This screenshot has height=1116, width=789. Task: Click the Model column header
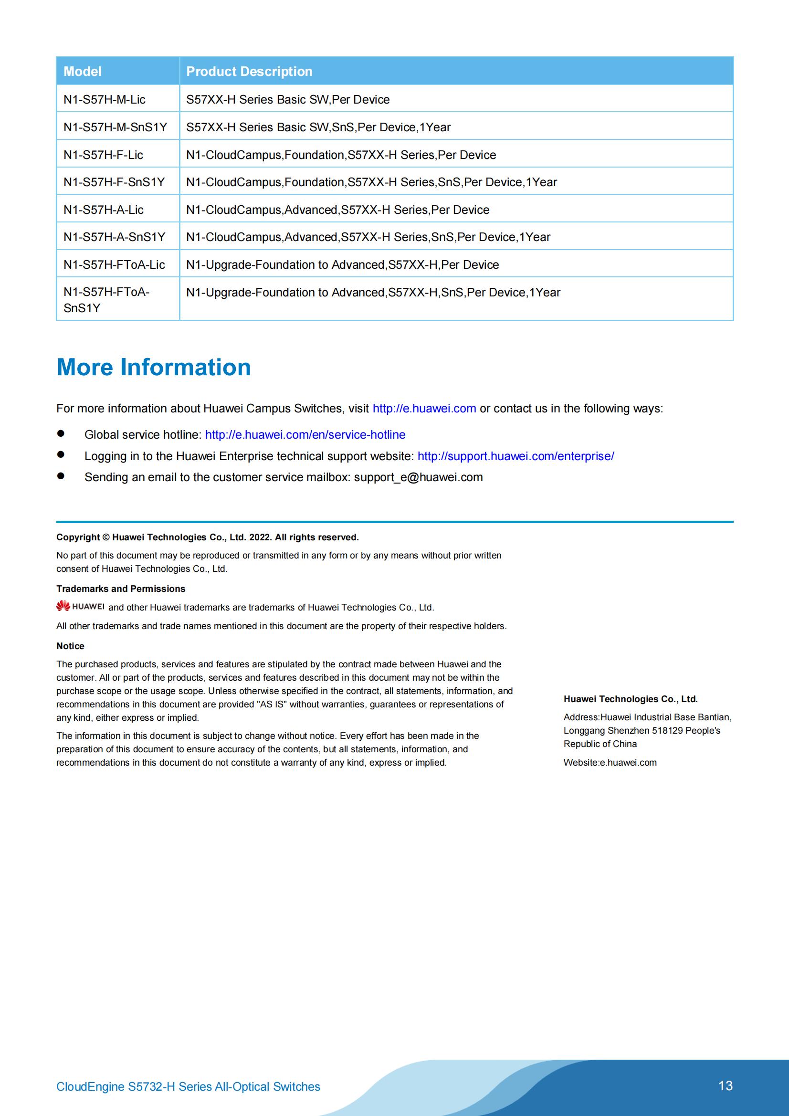83,72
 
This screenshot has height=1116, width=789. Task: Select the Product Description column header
249,72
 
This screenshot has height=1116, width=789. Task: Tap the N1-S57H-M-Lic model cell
105,100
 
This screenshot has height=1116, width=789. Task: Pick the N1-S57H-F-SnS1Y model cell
114,182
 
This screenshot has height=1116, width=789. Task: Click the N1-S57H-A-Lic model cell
104,210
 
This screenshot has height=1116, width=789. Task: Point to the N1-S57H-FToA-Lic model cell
114,265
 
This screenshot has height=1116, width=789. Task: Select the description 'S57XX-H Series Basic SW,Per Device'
288,100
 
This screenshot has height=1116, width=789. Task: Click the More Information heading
154,368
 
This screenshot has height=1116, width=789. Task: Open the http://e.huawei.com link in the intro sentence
424,409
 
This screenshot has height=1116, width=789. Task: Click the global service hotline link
305,434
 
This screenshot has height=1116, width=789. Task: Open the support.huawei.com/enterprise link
515,456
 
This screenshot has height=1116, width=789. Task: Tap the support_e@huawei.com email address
418,477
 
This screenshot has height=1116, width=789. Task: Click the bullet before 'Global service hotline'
61,433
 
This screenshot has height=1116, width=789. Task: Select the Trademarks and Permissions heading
121,589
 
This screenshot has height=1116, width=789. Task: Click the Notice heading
70,646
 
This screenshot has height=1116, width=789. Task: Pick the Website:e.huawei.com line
610,763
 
